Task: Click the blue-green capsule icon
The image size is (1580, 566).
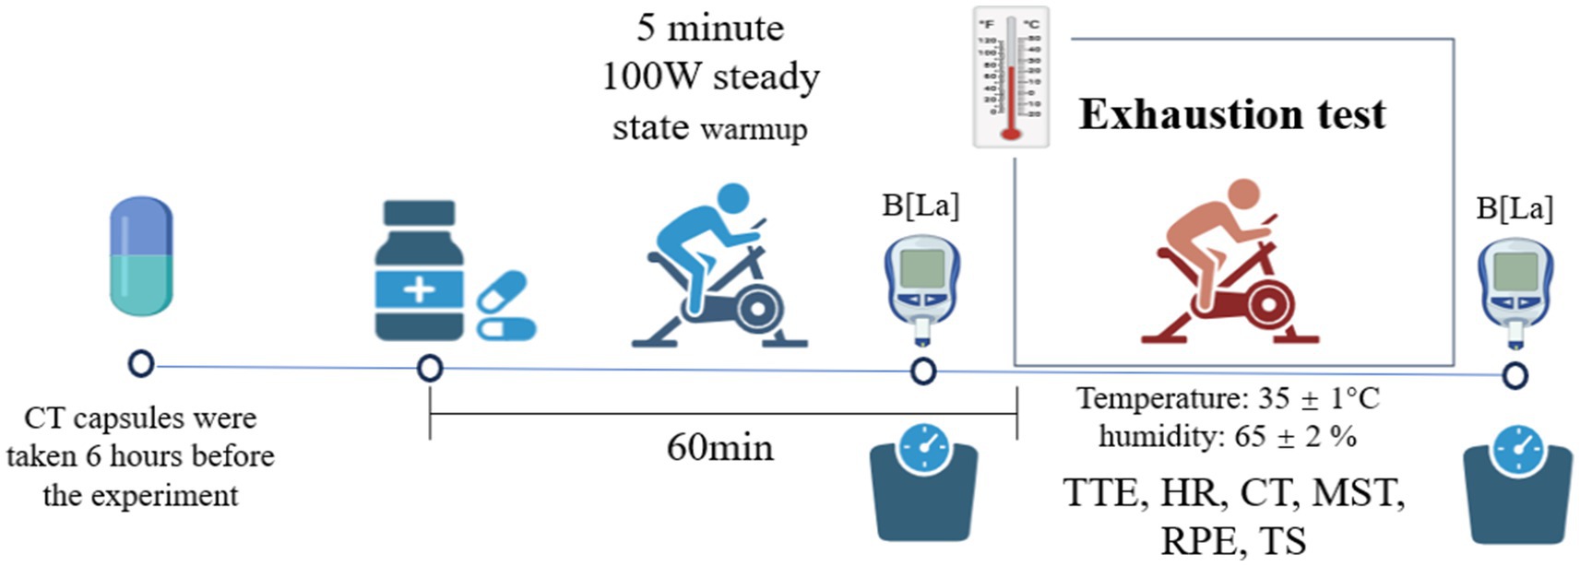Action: tap(141, 255)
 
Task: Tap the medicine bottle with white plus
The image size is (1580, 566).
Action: tap(419, 272)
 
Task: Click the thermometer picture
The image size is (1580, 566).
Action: tap(1011, 78)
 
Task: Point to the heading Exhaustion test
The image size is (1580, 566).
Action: tap(1232, 114)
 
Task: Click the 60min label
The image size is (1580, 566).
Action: tap(719, 448)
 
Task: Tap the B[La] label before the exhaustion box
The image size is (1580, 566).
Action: tap(921, 205)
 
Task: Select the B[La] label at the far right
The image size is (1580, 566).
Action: tap(1515, 208)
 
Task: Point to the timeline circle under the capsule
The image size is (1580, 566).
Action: tap(141, 364)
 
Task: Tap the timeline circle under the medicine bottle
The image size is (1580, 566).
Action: tap(430, 369)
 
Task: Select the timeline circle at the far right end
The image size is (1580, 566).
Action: tap(1515, 375)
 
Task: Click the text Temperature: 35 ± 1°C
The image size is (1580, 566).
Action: tap(1228, 398)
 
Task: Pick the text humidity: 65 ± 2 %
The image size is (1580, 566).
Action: tap(1228, 435)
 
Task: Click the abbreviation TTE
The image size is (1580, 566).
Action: tap(1100, 493)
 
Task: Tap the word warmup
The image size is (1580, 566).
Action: tap(754, 128)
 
